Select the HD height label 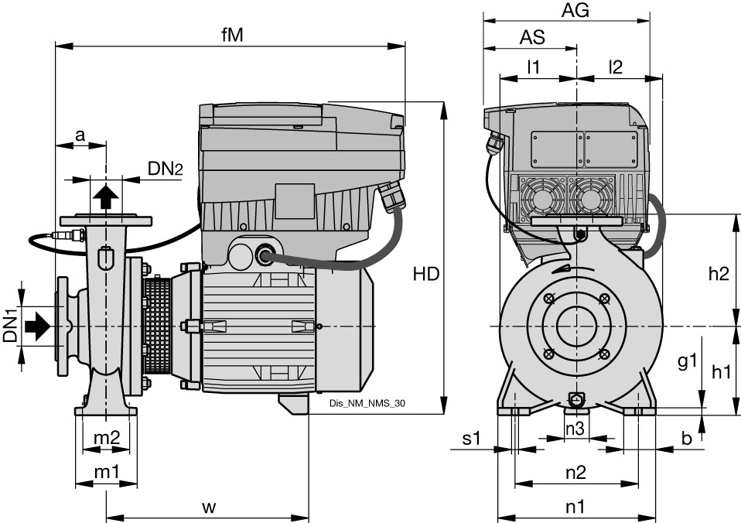pos(426,273)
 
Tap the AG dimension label pos(575,10)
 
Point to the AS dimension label pos(532,36)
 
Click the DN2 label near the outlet pos(165,169)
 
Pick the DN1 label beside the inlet pos(10,326)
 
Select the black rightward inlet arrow pos(38,326)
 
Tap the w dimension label pos(209,507)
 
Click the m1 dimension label pos(106,471)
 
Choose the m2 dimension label pos(106,437)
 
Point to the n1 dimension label pos(574,507)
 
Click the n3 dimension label pos(574,428)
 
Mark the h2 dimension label pos(719,273)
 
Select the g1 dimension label pos(688,361)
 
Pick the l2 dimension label pos(615,67)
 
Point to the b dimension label pos(686,438)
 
